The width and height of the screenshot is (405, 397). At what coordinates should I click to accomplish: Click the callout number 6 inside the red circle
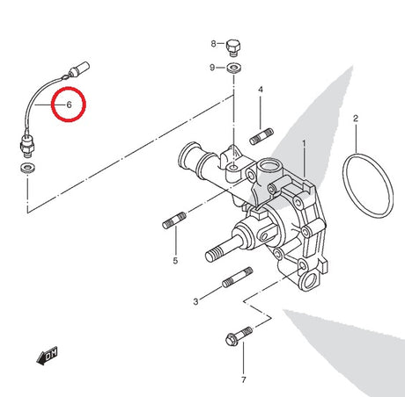[x=69, y=105]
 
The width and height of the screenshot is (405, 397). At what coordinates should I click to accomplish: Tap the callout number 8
[x=213, y=44]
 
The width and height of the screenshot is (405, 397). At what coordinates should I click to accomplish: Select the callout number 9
[x=212, y=68]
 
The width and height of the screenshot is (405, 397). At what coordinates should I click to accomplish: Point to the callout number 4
[x=261, y=90]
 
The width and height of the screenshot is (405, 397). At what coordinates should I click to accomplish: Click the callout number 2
[x=356, y=119]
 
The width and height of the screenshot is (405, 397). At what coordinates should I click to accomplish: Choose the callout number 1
[x=304, y=144]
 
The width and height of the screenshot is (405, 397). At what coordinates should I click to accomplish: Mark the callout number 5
[x=175, y=261]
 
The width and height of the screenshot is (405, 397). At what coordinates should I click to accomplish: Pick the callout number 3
[x=195, y=301]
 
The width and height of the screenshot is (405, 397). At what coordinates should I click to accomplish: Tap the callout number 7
[x=244, y=379]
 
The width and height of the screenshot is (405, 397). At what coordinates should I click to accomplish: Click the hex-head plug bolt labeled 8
[x=233, y=47]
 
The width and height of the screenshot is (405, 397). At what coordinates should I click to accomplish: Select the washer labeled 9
[x=234, y=69]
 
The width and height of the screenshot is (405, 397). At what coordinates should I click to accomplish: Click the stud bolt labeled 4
[x=261, y=136]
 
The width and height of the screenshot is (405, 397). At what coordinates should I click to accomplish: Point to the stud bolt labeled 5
[x=174, y=220]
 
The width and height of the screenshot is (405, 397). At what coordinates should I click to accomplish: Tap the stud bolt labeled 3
[x=238, y=278]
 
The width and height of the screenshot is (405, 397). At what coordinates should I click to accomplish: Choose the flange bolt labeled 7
[x=239, y=336]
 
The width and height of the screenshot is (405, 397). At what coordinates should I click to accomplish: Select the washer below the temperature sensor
[x=28, y=168]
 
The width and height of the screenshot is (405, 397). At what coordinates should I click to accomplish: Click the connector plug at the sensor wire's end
[x=78, y=69]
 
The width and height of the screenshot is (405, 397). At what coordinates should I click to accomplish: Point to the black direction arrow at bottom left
[x=47, y=356]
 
